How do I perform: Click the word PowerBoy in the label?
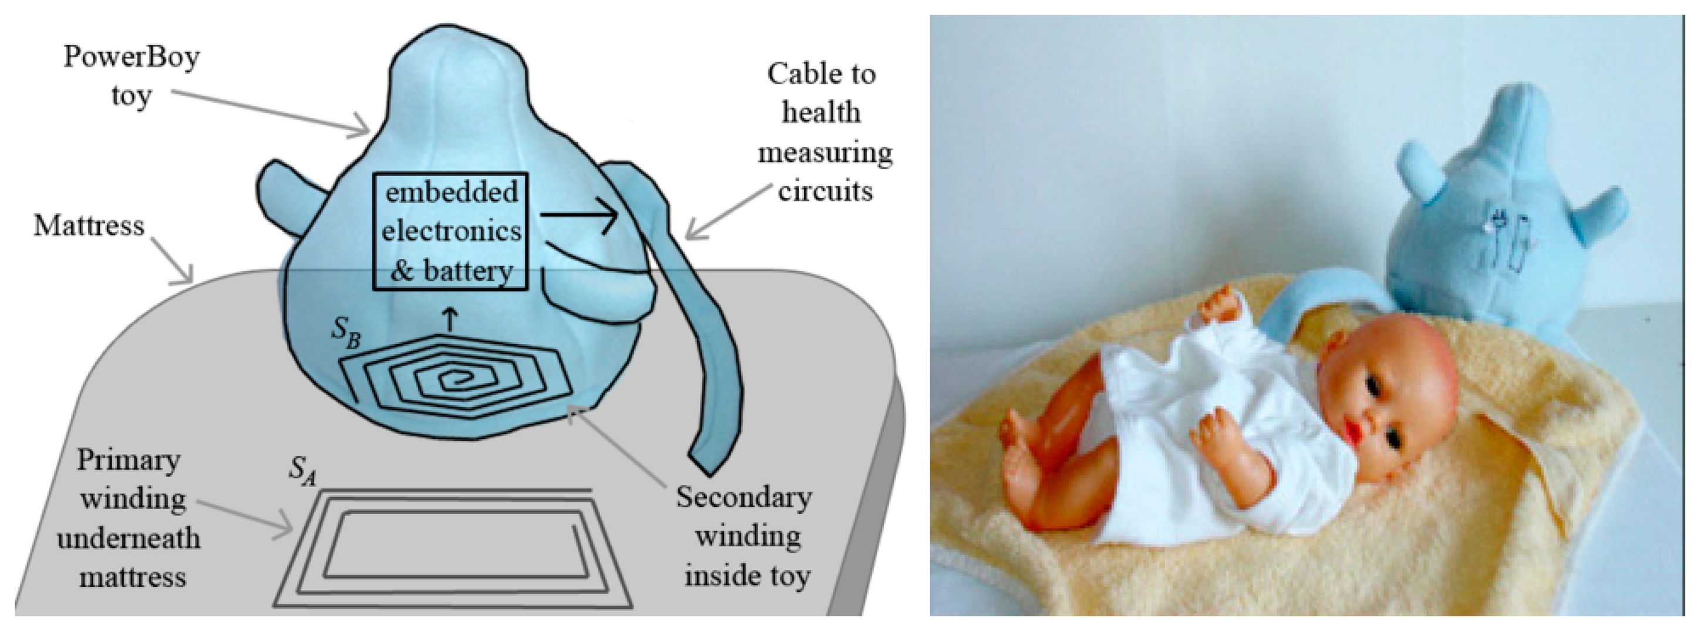(x=132, y=58)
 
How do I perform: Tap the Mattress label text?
(x=89, y=225)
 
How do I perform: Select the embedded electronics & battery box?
(x=451, y=231)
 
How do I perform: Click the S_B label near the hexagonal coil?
(x=346, y=328)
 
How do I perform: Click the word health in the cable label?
(x=821, y=112)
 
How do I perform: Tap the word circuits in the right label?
(x=825, y=191)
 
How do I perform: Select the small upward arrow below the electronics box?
(x=451, y=318)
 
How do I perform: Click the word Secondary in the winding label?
(x=744, y=498)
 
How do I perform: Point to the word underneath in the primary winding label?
(x=129, y=538)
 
